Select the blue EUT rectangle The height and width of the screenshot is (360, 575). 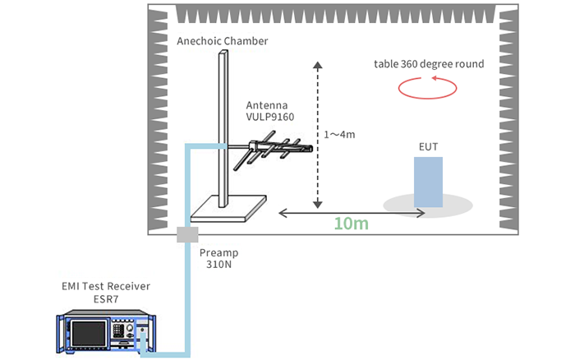429,182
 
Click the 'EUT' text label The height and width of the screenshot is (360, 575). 428,147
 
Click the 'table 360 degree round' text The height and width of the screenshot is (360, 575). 429,63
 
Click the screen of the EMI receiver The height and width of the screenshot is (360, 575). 89,334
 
